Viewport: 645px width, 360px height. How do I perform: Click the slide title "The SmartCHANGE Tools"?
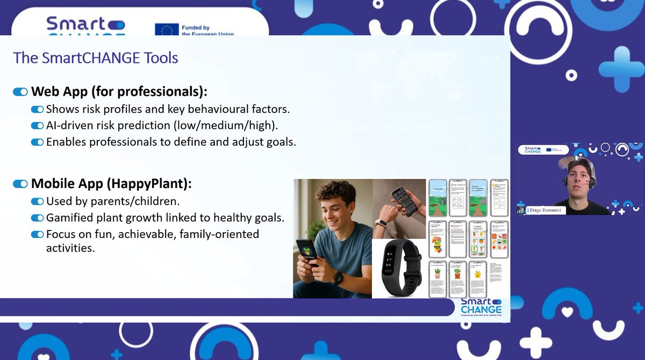tap(95, 57)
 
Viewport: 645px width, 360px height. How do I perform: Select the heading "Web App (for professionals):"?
tap(119, 91)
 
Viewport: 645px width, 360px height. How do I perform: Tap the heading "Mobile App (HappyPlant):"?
tap(111, 184)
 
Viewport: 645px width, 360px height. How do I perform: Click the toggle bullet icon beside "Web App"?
tap(20, 92)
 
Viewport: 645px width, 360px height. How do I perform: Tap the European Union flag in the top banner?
tap(166, 30)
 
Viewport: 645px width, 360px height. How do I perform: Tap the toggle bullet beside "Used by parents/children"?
tap(37, 201)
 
